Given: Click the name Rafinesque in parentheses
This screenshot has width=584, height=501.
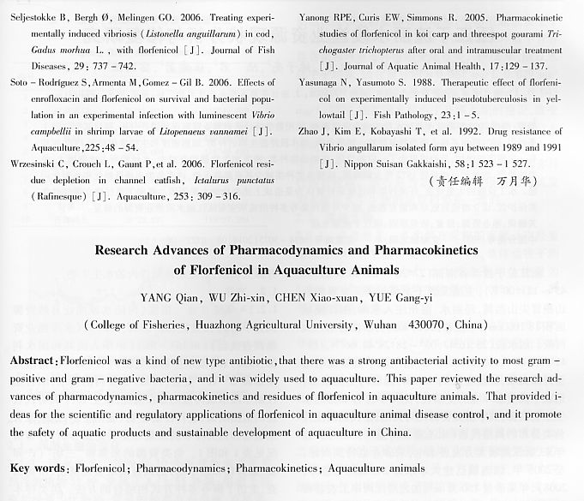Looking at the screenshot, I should [49, 196].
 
